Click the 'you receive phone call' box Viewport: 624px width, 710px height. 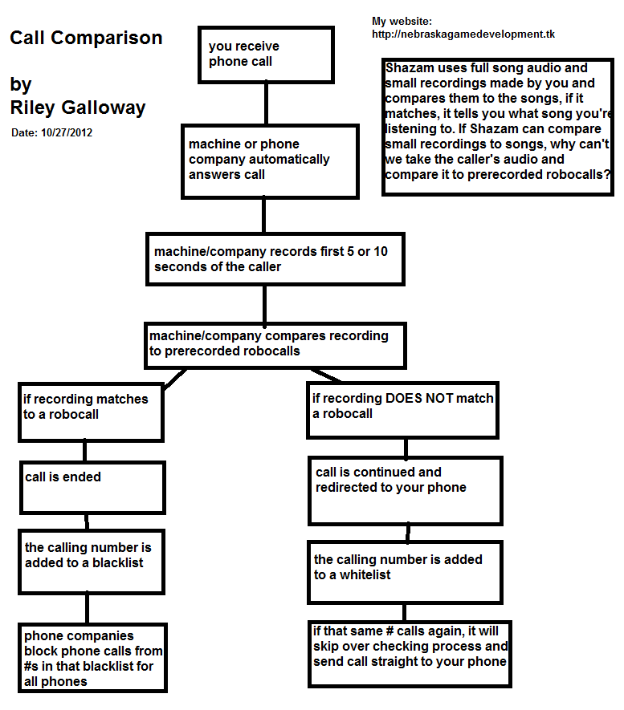(264, 54)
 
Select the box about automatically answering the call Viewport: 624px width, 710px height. (268, 160)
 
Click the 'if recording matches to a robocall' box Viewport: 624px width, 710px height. (91, 411)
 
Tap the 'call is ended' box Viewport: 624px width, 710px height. (92, 487)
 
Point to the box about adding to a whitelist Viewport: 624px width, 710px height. (405, 572)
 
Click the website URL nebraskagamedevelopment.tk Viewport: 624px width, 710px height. (463, 34)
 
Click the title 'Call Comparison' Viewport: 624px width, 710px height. (86, 38)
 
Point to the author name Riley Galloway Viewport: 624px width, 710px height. (78, 108)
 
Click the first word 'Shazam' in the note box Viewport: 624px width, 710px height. (407, 68)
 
